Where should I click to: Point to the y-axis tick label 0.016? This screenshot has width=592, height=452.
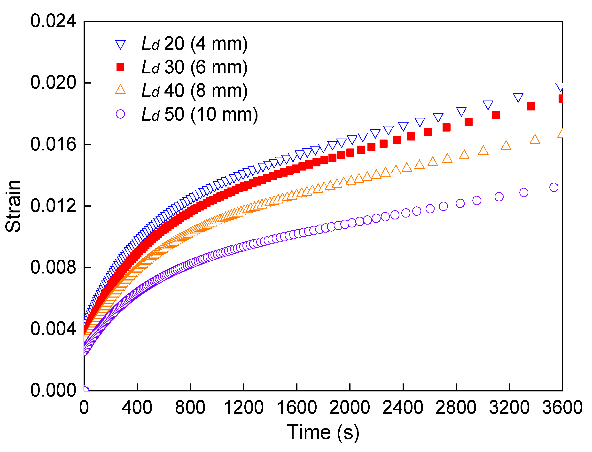tap(53, 144)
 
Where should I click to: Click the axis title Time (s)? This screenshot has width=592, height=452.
tap(323, 433)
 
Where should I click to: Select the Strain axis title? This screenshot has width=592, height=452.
tap(13, 206)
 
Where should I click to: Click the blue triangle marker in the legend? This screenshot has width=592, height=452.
tap(120, 45)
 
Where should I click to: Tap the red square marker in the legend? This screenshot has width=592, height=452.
tap(120, 67)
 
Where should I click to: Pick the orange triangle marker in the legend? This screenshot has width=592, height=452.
tap(120, 90)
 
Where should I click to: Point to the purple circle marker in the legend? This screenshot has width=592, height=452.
tap(120, 114)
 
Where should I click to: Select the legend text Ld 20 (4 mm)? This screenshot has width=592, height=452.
tap(195, 44)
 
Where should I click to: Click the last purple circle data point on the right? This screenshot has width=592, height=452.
tap(554, 187)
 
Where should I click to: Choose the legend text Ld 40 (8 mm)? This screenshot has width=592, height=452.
tap(195, 91)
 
